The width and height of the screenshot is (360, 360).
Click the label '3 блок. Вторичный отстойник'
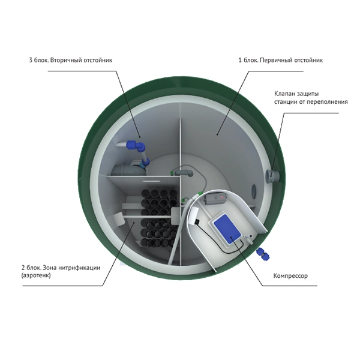pyautogui.click(x=71, y=61)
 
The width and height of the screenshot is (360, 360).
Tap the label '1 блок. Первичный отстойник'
pyautogui.click(x=281, y=61)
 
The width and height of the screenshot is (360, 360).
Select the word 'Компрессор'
pyautogui.click(x=290, y=276)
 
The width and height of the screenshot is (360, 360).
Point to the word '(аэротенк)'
pyautogui.click(x=36, y=275)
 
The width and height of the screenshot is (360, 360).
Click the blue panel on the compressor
pyautogui.click(x=227, y=229)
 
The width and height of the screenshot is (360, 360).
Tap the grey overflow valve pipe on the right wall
pyautogui.click(x=273, y=175)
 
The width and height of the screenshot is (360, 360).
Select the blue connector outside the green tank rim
pyautogui.click(x=263, y=254)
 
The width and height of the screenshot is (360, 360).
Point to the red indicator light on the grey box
pyautogui.click(x=222, y=197)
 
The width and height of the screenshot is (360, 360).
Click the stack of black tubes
pyautogui.click(x=159, y=217)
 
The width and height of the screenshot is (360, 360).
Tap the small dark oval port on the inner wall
pyautogui.click(x=254, y=191)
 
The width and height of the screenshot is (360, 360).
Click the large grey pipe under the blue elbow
pyautogui.click(x=128, y=170)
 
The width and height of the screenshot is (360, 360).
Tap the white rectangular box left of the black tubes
pyautogui.click(x=119, y=220)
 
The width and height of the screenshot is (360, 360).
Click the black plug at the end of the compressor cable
pyautogui.click(x=197, y=221)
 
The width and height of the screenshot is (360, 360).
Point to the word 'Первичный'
pyautogui.click(x=275, y=61)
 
